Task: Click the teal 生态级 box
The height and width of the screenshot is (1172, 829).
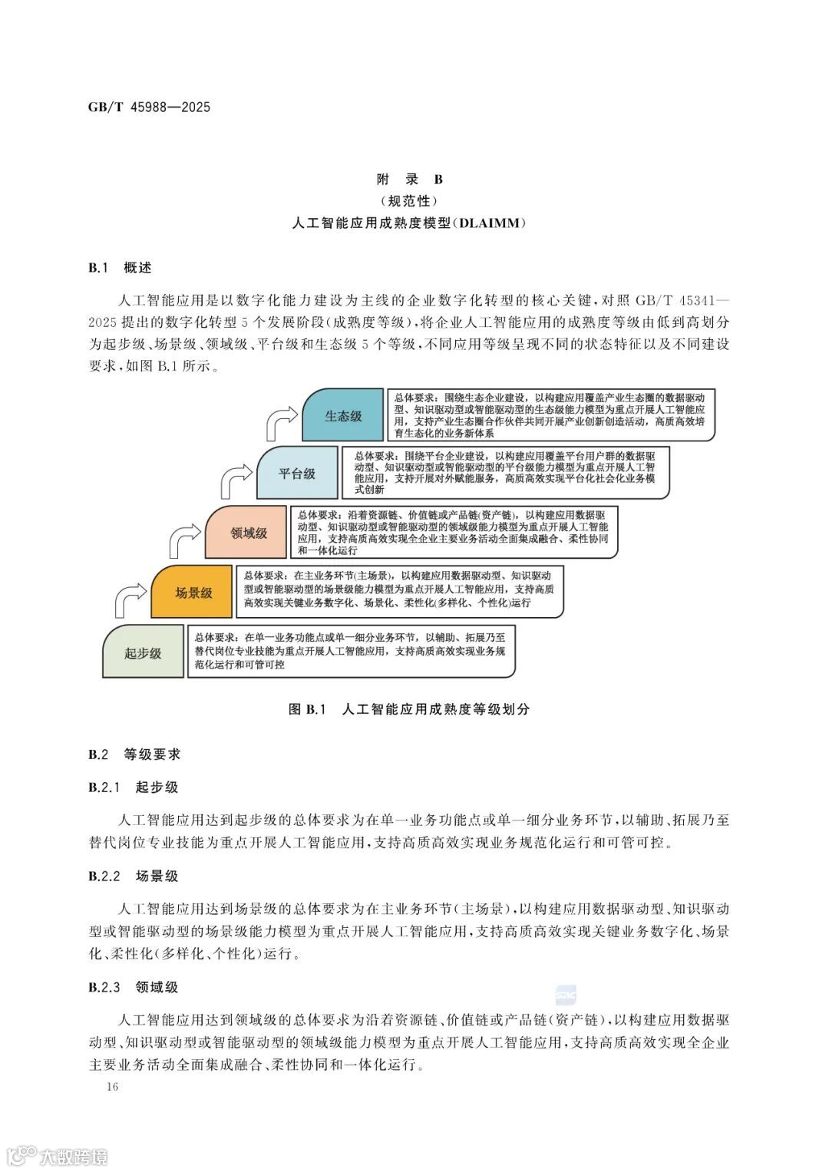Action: tap(342, 415)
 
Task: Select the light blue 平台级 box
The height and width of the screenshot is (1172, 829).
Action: tap(296, 473)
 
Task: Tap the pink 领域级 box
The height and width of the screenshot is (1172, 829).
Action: tap(248, 532)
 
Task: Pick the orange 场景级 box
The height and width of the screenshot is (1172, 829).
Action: tap(193, 592)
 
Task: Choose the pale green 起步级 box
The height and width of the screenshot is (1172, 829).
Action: tap(144, 653)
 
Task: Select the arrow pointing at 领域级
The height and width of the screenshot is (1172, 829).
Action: tap(184, 540)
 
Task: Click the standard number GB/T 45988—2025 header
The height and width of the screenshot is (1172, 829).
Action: tap(149, 107)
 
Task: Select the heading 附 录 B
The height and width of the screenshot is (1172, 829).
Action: tap(410, 180)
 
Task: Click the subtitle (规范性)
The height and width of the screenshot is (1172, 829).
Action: tap(410, 201)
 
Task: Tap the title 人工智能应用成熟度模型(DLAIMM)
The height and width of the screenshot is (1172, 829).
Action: tap(410, 223)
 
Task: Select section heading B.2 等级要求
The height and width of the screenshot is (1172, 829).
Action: tap(134, 754)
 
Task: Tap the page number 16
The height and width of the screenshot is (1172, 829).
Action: tap(113, 1087)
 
